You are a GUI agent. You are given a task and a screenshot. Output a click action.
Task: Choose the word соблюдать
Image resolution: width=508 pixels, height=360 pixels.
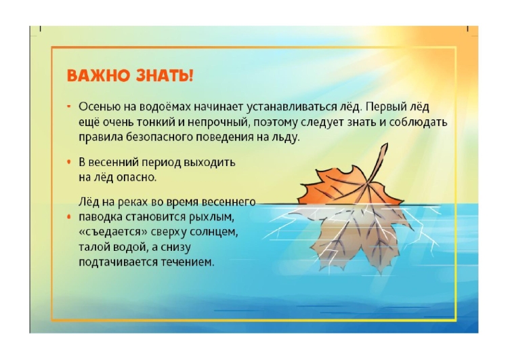pyautogui.click(x=419, y=122)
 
